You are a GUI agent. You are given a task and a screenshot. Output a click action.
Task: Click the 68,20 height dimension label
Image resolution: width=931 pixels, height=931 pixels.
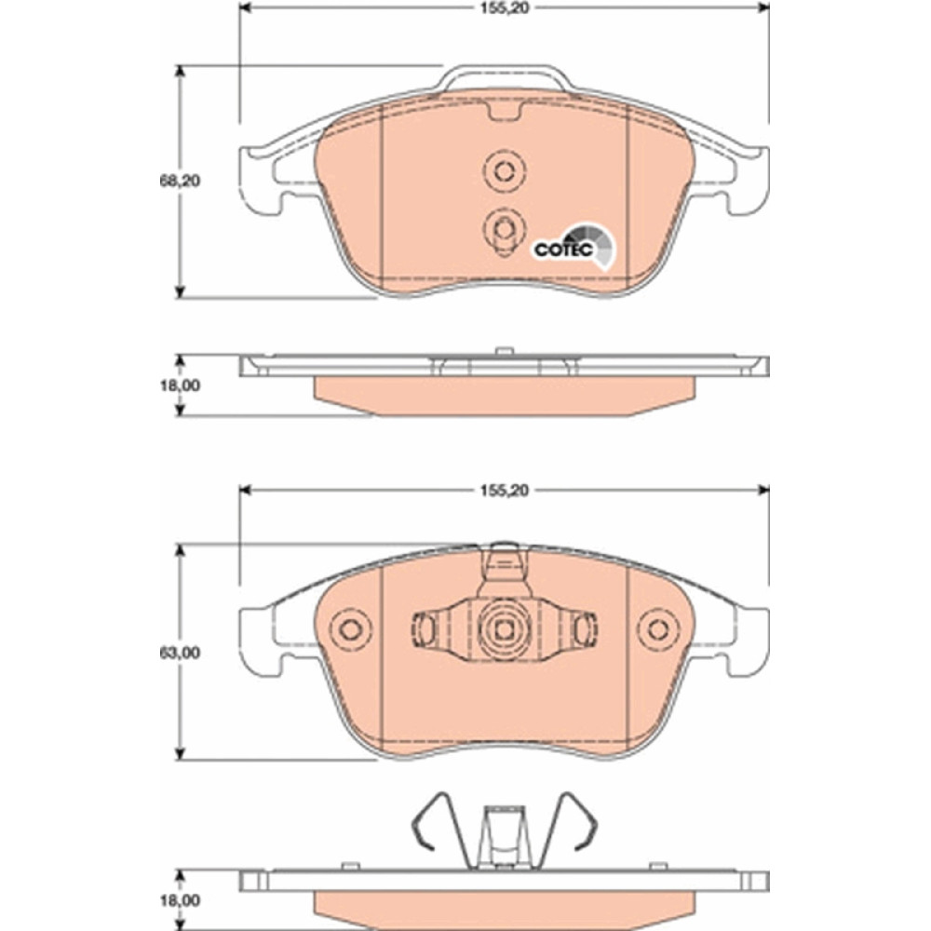click(x=180, y=182)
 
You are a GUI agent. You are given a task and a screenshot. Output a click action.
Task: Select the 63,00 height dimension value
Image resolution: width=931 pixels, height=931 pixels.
click(x=180, y=653)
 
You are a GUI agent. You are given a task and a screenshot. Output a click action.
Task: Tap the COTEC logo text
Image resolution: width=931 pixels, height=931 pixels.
click(x=563, y=250)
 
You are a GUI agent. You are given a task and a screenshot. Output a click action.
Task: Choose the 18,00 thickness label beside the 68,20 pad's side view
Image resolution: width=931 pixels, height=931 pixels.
click(x=180, y=385)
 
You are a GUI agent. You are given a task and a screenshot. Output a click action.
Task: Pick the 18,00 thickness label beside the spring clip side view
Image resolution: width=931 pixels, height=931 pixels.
click(x=180, y=900)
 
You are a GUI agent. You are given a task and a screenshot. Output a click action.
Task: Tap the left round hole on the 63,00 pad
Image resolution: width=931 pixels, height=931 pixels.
click(x=351, y=629)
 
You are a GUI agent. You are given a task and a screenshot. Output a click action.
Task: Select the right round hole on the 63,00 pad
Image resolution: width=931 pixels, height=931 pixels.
click(x=658, y=629)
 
